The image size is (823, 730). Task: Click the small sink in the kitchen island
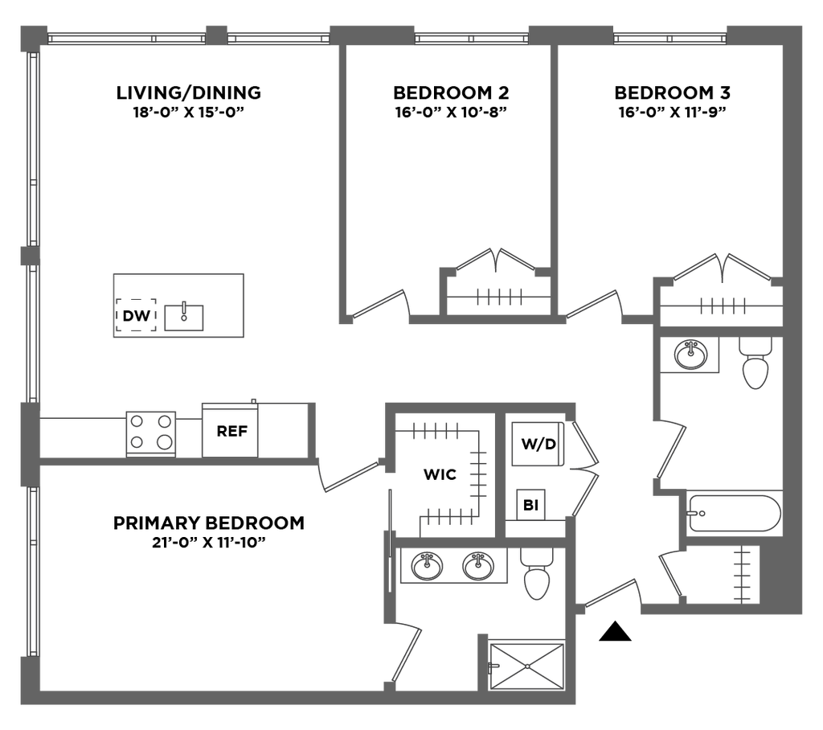(184, 317)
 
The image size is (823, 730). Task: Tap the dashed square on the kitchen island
(137, 314)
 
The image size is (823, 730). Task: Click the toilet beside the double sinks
(535, 573)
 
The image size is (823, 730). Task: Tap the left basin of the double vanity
(426, 566)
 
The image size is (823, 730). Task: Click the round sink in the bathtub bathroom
(690, 354)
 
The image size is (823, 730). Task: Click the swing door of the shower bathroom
(408, 651)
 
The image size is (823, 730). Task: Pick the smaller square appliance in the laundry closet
(531, 506)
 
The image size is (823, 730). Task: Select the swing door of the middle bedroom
(382, 306)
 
